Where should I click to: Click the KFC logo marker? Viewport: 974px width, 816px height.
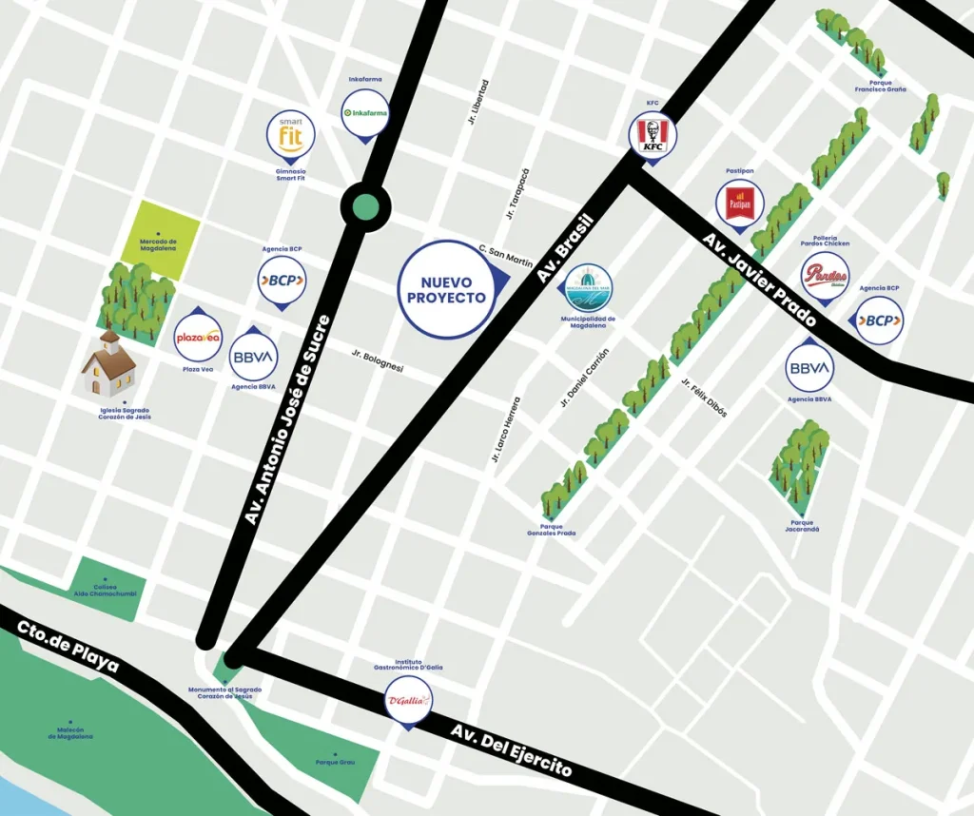(x=652, y=135)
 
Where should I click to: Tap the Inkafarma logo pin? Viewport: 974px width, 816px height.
(x=364, y=113)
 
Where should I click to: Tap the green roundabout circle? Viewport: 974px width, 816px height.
(x=365, y=205)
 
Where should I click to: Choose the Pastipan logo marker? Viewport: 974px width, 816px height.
(x=740, y=203)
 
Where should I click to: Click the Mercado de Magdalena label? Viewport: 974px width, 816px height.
(x=159, y=245)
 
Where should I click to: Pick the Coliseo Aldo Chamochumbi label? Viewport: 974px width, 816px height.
(x=107, y=593)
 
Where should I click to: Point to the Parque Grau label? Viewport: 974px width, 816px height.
(x=335, y=763)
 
